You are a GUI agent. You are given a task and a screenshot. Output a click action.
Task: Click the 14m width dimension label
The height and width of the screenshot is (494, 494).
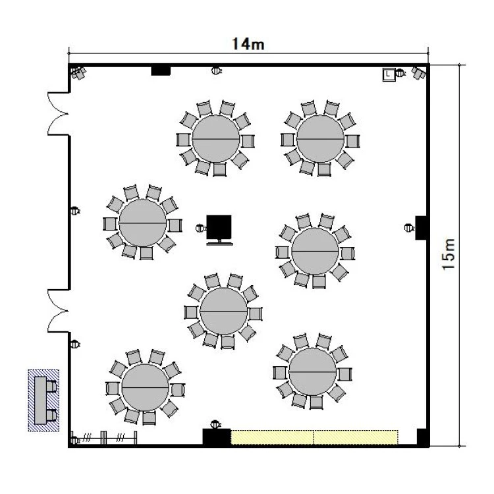pos(248,44)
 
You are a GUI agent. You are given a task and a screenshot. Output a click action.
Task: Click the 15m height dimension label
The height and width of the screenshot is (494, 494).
pos(449,254)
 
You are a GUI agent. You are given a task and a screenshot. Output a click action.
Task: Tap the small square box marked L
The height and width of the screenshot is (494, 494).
pos(389,74)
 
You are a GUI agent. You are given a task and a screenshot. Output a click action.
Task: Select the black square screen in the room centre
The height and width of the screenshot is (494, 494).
pos(219,227)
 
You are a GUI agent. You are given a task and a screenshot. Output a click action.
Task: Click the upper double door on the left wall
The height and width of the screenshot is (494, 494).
pos(59,114)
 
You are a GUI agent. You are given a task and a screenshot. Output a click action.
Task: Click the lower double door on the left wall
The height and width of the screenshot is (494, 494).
pos(59,311)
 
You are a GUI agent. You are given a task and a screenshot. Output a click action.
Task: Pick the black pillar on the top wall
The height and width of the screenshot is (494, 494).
pos(161,70)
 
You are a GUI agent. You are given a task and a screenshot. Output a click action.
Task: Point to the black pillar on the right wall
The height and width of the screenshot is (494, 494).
pos(421,228)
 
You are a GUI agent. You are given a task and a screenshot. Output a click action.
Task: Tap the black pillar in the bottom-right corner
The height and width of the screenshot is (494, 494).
pos(422,437)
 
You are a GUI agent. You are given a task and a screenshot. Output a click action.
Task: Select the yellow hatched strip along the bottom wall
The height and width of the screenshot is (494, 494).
pos(314,437)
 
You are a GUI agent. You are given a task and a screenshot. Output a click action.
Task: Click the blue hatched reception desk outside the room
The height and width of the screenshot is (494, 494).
pos(43,400)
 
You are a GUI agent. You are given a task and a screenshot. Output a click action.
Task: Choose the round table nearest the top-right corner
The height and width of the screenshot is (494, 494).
pos(320,138)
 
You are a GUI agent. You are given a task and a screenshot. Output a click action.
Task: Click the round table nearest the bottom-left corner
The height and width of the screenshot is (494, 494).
pos(146,387)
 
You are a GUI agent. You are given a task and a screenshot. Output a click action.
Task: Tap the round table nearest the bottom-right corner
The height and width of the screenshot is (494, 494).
pos(312,371)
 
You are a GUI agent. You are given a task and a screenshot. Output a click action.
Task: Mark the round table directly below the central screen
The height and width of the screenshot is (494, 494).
pos(224,312)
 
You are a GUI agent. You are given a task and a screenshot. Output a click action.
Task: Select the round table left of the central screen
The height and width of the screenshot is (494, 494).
pos(143,223)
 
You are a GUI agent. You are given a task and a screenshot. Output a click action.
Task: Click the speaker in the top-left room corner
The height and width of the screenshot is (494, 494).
pos(78,73)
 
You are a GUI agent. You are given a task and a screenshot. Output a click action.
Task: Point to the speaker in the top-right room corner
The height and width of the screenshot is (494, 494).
pos(419,73)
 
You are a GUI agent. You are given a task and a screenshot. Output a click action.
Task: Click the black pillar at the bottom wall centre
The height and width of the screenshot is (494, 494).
pos(217,437)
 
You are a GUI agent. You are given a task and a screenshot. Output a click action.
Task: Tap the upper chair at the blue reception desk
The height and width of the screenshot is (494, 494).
pos(51,386)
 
